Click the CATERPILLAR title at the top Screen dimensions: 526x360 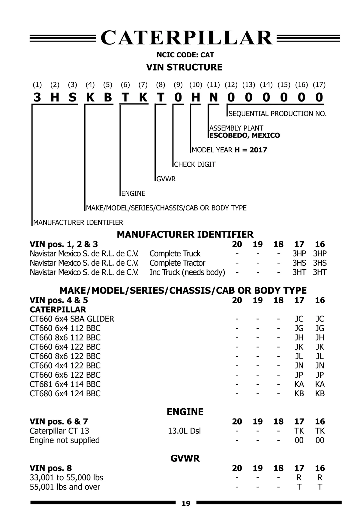pyautogui.click(x=186, y=38)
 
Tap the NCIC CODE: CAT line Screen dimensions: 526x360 pyautogui.click(x=185, y=55)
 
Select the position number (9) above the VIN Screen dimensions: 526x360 pyautogui.click(x=178, y=85)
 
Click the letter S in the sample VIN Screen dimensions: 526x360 pyautogui.click(x=72, y=97)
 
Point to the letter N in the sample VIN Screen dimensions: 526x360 pyautogui.click(x=213, y=97)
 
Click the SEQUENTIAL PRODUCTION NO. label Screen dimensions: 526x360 pyautogui.click(x=277, y=114)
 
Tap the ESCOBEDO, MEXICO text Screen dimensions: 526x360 pyautogui.click(x=244, y=135)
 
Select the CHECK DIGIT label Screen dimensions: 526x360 pyautogui.click(x=195, y=165)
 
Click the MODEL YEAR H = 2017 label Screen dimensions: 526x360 pyautogui.click(x=229, y=150)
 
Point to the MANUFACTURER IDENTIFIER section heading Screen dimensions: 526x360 pyautogui.click(x=185, y=234)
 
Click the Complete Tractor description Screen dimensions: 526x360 pyautogui.click(x=177, y=263)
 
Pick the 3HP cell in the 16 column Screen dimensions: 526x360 pyautogui.click(x=320, y=254)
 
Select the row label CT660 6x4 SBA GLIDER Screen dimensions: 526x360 pyautogui.click(x=72, y=319)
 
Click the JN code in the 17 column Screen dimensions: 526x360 pyautogui.click(x=299, y=366)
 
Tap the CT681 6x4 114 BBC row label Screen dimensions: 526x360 pyautogui.click(x=65, y=384)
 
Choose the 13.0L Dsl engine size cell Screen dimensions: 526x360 pyautogui.click(x=184, y=431)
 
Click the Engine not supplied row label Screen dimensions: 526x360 pyautogui.click(x=64, y=440)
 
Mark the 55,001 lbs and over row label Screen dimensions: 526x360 pyautogui.click(x=65, y=487)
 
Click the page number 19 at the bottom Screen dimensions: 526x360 pyautogui.click(x=186, y=503)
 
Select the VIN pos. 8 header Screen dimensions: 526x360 pyautogui.click(x=51, y=468)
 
